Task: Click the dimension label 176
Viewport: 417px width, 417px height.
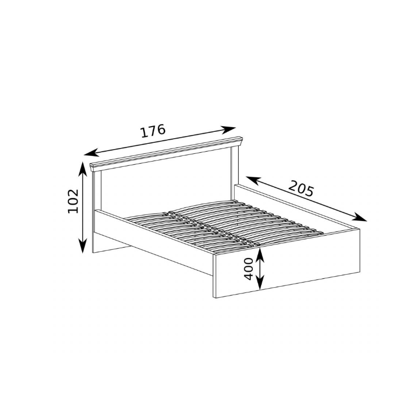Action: coord(153,131)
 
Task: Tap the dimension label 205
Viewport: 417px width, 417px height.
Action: coord(301,188)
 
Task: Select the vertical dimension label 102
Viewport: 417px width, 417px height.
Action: coord(73,201)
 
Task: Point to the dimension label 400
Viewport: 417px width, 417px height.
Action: coord(249,268)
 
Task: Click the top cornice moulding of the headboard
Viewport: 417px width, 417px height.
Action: coord(166,153)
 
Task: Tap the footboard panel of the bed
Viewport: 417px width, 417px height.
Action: coord(287,263)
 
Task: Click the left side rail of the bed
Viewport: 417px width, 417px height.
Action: coord(154,242)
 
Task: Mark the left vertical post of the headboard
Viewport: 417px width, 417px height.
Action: coord(97,197)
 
